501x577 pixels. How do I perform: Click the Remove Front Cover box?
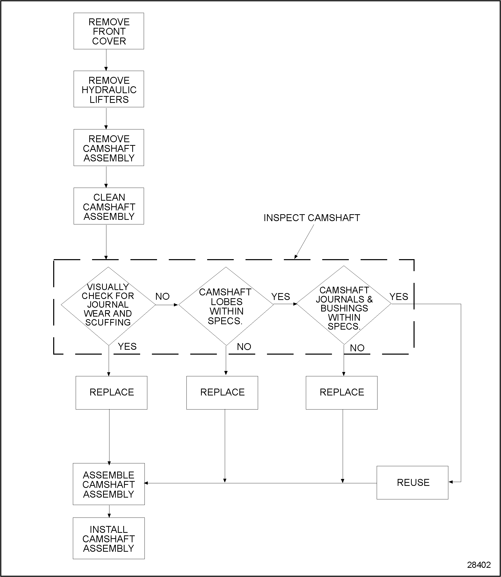click(109, 31)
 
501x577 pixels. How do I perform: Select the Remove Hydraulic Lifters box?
click(109, 89)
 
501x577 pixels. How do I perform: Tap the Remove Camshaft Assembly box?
click(109, 148)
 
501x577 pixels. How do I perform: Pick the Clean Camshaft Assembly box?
click(109, 206)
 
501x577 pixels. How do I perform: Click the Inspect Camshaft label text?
click(311, 218)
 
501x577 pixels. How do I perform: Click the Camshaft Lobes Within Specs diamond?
click(226, 306)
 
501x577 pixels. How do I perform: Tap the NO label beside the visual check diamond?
click(162, 296)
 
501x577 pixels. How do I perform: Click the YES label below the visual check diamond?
click(127, 346)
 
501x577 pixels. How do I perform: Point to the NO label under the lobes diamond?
click(244, 347)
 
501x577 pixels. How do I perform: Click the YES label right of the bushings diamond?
click(399, 297)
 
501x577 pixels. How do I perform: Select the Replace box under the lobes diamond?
click(222, 392)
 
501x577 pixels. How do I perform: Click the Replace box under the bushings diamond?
click(342, 392)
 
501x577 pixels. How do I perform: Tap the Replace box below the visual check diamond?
click(112, 392)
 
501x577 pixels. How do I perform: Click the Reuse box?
click(412, 482)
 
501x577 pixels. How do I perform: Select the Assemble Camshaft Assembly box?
click(109, 484)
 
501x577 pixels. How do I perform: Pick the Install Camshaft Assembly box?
click(109, 538)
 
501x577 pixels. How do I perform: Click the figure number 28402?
click(479, 565)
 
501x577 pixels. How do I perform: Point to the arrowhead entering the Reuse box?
click(451, 482)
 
